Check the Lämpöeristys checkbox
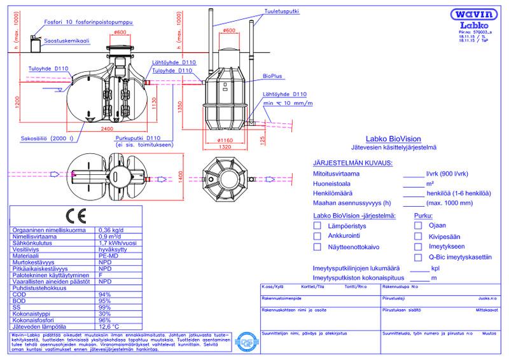click(317, 225)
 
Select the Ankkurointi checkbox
click(317, 236)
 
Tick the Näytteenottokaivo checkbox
click(317, 247)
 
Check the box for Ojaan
click(418, 225)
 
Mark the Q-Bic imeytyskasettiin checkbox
click(418, 258)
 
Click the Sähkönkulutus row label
click(34, 241)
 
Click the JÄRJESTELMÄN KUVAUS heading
click(352, 163)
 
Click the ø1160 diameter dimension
click(227, 139)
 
